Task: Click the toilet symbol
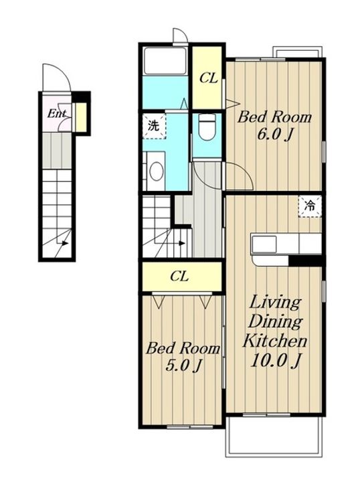click(x=207, y=127)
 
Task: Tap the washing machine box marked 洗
click(x=154, y=126)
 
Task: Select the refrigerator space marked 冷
click(x=310, y=206)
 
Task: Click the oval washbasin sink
click(x=157, y=171)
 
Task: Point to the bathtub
click(x=165, y=60)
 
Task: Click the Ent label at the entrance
click(x=56, y=114)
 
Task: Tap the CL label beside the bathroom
click(x=209, y=78)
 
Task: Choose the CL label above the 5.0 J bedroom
click(x=179, y=276)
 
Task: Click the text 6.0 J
click(x=274, y=134)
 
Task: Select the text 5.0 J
click(x=183, y=366)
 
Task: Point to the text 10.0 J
click(x=275, y=360)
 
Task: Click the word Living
click(x=274, y=303)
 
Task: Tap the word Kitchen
click(x=275, y=341)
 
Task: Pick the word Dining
click(x=275, y=322)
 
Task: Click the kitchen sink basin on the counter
click(x=264, y=244)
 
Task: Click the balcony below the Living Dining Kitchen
click(x=274, y=436)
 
